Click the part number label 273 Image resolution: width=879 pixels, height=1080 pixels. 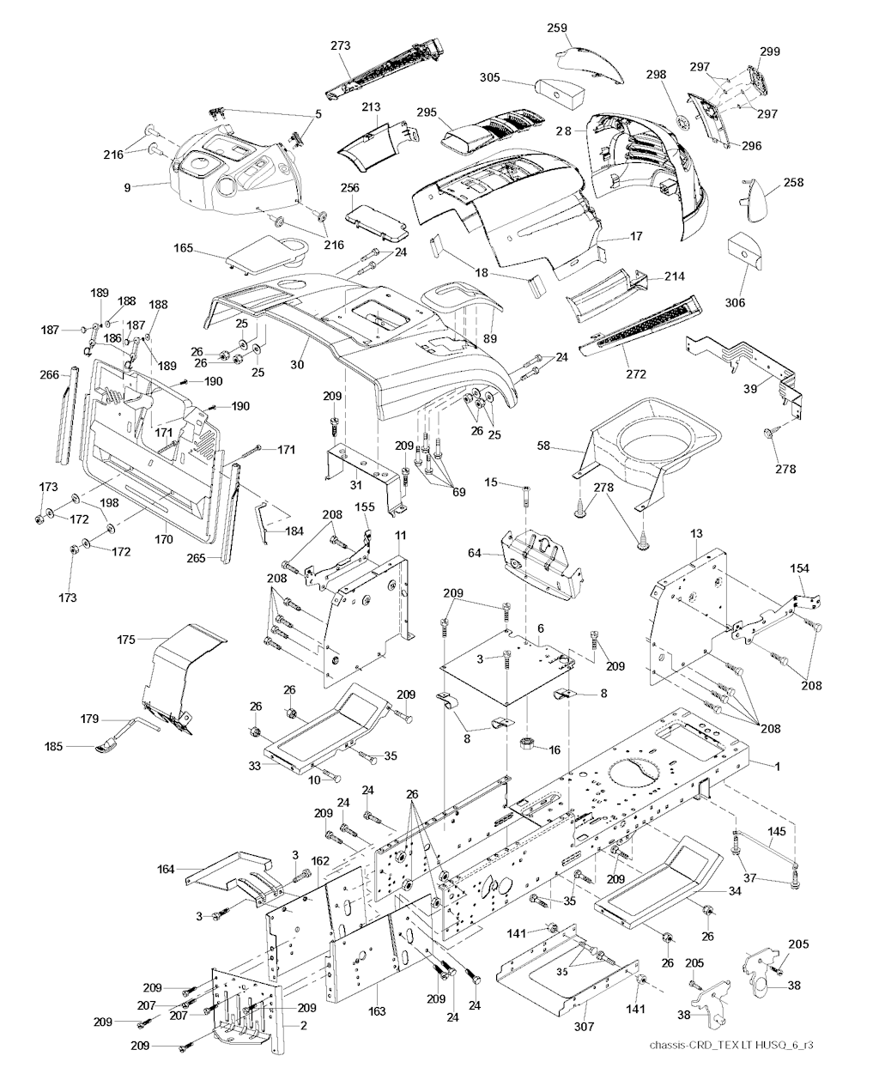click(x=341, y=46)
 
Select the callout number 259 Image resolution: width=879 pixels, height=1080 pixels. click(x=558, y=28)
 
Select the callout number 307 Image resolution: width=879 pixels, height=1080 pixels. click(x=584, y=1025)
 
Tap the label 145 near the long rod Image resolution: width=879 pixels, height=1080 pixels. click(x=776, y=831)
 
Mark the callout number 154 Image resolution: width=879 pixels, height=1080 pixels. click(x=799, y=570)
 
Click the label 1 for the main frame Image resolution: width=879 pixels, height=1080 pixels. click(x=778, y=766)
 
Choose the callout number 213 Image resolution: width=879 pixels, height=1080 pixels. click(x=371, y=107)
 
